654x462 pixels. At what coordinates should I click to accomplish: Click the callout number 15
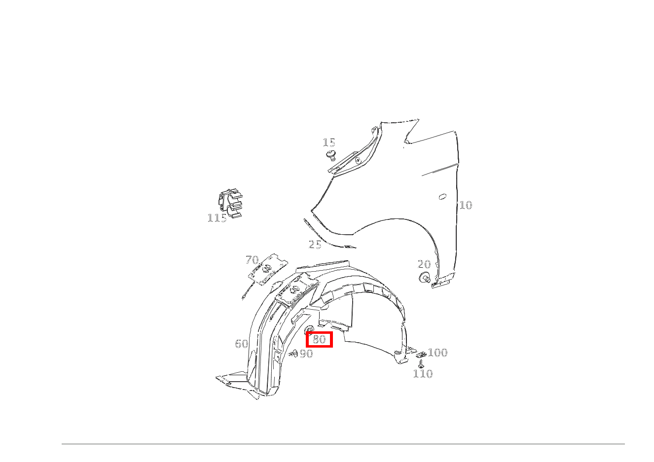[x=329, y=143]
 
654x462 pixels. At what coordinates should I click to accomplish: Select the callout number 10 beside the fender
[x=466, y=206]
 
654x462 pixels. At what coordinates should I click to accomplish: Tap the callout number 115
[x=217, y=218]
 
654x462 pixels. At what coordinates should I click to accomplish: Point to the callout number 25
[x=315, y=245]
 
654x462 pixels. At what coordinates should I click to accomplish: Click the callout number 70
[x=252, y=260]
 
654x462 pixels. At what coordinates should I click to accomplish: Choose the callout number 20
[x=424, y=265]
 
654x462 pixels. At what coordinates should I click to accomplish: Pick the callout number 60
[x=242, y=344]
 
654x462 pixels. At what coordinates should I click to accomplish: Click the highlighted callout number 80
[x=320, y=339]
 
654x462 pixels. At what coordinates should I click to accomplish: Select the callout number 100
[x=437, y=353]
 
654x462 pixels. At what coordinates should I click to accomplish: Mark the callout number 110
[x=423, y=374]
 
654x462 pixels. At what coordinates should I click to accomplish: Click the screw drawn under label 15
[x=331, y=156]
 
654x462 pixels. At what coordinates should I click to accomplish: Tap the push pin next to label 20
[x=425, y=278]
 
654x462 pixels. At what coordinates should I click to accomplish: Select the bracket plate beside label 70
[x=268, y=269]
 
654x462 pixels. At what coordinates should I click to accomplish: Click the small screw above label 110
[x=421, y=364]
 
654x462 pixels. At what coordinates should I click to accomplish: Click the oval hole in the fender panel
[x=442, y=197]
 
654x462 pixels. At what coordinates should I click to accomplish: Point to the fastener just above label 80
[x=310, y=329]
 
